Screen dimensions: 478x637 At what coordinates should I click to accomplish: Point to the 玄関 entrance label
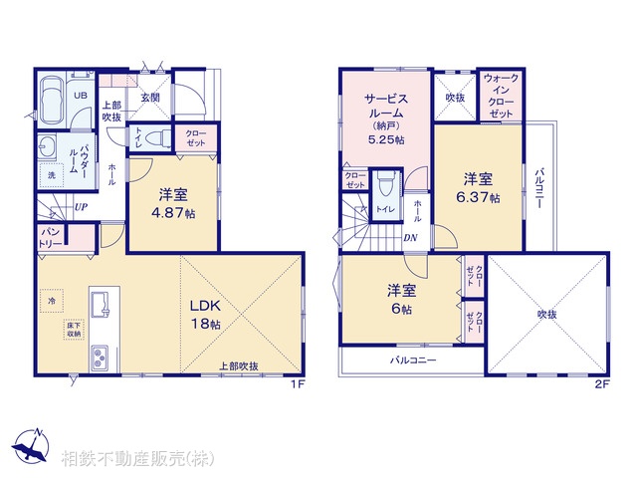150,97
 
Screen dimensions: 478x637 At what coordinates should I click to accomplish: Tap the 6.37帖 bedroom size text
480,198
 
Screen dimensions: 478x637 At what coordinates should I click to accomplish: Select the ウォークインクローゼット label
500,96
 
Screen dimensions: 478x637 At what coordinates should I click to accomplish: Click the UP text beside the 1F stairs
79,207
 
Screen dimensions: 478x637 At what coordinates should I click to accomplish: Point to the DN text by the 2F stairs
411,238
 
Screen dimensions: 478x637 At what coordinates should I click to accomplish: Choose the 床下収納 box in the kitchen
74,330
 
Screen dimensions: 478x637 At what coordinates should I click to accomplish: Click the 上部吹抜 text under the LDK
239,366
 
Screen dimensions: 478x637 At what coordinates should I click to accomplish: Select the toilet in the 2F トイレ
386,183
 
